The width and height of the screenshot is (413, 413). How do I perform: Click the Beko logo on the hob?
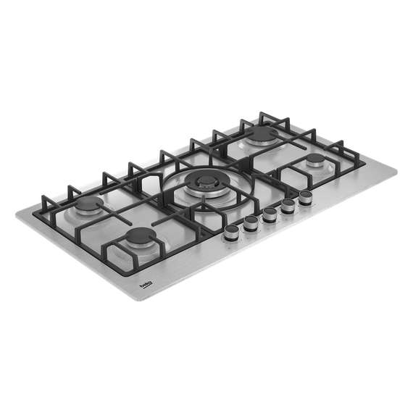146,288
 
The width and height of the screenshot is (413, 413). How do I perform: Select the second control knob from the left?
251,222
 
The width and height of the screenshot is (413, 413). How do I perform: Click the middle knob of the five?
270,214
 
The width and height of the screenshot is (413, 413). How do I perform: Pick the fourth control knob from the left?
288,205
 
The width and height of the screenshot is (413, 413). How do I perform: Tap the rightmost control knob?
305,197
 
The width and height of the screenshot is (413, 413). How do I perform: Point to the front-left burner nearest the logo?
140,236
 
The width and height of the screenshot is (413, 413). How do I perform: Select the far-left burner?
90,206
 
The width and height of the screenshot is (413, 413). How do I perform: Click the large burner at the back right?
263,133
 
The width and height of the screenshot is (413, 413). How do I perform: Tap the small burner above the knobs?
315,160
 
